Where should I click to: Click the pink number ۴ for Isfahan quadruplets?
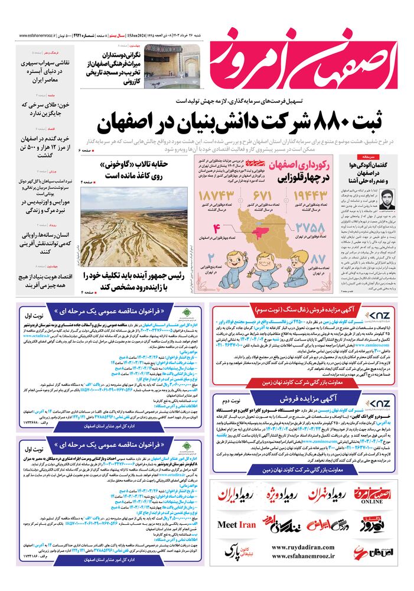pos(217,229)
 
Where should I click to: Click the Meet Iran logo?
pos(237,524)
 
